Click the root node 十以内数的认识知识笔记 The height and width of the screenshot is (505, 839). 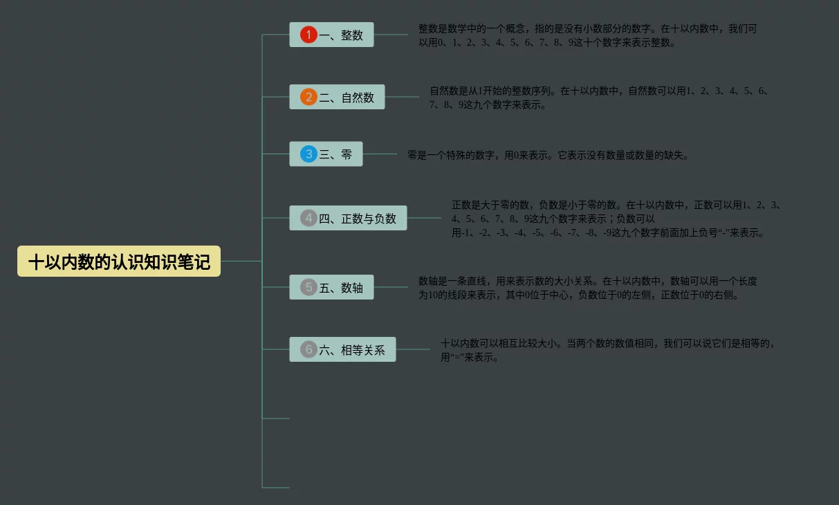tap(119, 261)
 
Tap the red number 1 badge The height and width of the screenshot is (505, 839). tap(308, 35)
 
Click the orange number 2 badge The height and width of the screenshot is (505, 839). tap(308, 97)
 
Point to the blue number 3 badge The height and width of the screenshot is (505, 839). tap(308, 154)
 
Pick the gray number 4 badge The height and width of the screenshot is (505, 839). tap(308, 219)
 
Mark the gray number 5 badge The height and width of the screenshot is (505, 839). tap(308, 287)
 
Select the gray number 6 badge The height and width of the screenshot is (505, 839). tap(308, 349)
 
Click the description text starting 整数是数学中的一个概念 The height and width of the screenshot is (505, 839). tap(587, 35)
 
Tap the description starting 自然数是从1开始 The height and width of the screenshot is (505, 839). tap(599, 98)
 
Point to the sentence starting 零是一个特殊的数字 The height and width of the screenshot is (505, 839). tap(548, 155)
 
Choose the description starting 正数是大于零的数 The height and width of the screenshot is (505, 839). tap(616, 219)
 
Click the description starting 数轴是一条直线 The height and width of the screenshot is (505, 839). tap(587, 288)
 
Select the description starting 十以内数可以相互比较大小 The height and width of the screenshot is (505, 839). tap(609, 350)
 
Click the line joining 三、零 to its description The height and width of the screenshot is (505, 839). tap(380, 154)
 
